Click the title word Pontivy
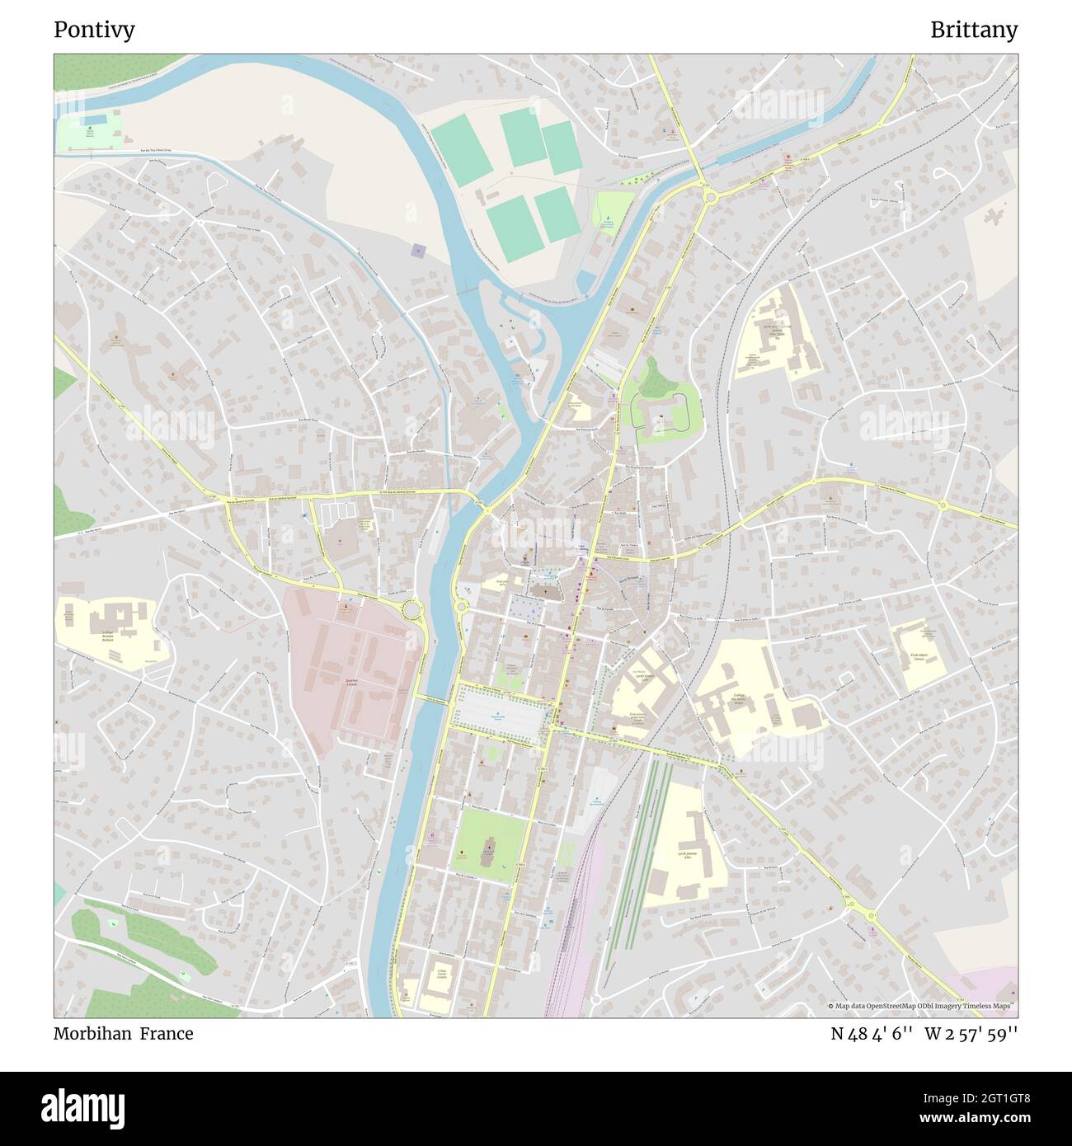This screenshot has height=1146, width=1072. (94, 30)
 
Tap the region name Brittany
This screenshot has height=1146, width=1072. (973, 30)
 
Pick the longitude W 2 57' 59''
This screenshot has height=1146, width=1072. (971, 1034)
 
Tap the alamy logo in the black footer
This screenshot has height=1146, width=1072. (82, 1107)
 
